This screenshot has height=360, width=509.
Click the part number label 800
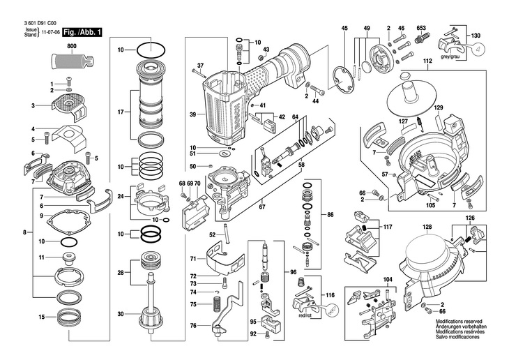72,46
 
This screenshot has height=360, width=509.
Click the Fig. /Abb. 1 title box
82,33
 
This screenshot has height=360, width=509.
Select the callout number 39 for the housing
193,114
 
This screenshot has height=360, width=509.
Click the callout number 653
421,28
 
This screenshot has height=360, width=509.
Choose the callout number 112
427,61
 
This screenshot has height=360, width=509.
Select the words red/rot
305,316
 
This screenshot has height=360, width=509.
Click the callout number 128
427,227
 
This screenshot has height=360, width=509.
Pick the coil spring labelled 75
217,304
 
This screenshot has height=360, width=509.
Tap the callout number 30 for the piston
121,314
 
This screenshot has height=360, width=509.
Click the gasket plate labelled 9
68,220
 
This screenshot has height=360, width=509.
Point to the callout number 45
344,28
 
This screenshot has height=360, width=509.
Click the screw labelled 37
199,73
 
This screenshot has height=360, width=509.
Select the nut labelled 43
260,58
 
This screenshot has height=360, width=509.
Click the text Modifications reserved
459,322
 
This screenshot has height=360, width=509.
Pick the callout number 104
388,280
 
